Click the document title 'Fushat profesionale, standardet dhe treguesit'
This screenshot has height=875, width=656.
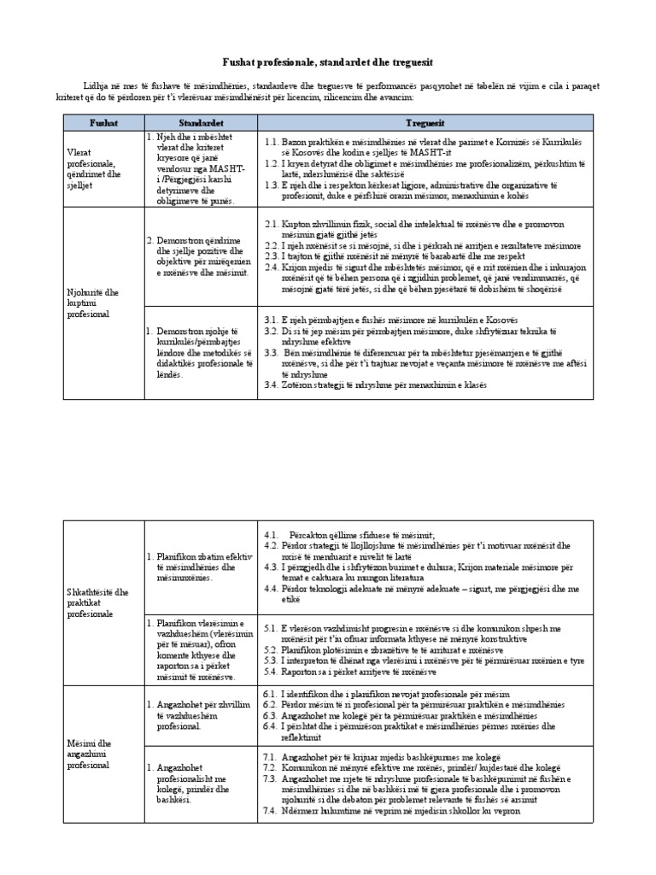click(328, 62)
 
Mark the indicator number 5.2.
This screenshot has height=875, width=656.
click(272, 649)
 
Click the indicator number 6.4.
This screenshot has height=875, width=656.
click(272, 725)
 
